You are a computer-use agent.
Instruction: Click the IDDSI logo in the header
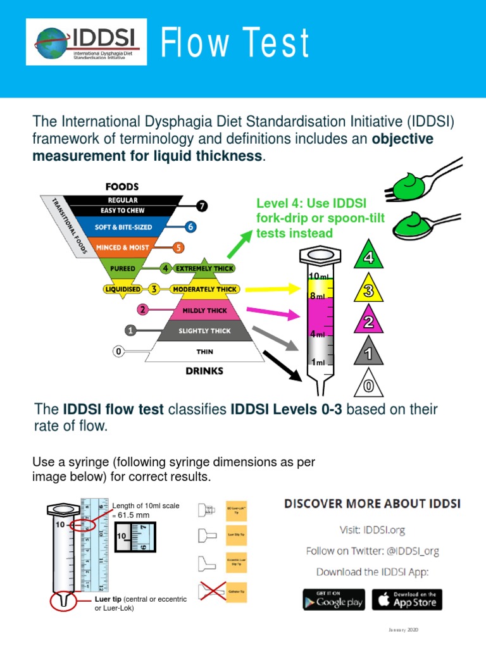tap(86, 42)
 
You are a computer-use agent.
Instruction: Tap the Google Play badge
tap(333, 599)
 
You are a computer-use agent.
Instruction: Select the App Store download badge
tap(406, 599)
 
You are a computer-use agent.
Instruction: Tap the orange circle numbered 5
tap(179, 247)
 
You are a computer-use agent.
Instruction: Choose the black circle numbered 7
tap(201, 206)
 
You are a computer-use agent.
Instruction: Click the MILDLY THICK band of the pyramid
tap(204, 311)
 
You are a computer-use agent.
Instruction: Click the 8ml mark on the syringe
tap(317, 296)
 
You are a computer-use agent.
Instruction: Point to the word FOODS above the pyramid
tap(122, 187)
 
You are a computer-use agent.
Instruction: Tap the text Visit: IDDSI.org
tap(371, 530)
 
